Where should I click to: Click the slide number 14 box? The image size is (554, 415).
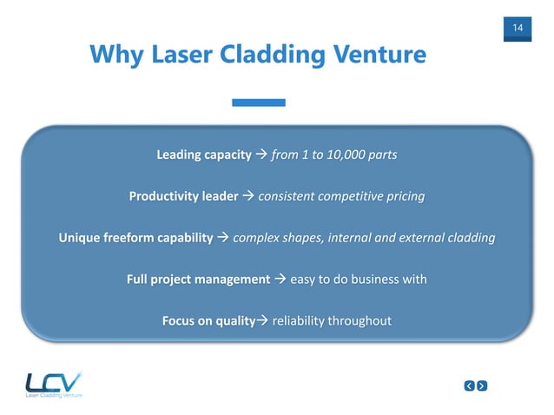pos(518,29)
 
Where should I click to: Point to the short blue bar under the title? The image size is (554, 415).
pos(259,102)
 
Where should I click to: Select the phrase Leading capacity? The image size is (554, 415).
pos(203,155)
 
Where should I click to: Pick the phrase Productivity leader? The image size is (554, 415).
pos(183,196)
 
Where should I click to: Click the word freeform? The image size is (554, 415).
pos(139,238)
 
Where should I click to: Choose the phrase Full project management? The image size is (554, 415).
pos(197,280)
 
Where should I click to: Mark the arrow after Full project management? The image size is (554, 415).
pos(280,280)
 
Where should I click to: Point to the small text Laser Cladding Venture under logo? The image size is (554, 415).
pos(54,396)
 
